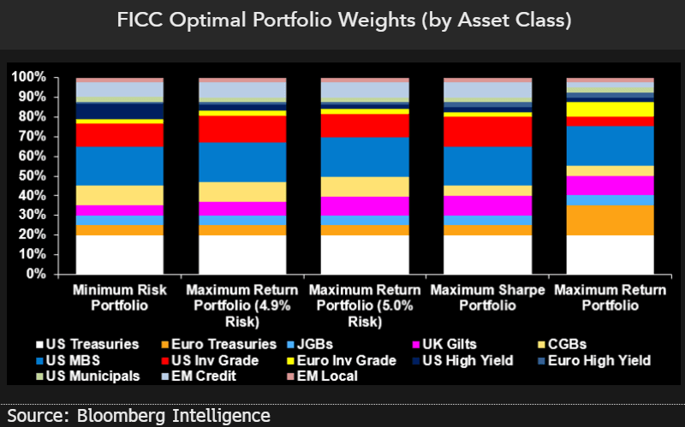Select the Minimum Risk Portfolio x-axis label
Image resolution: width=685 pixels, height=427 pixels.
(120, 298)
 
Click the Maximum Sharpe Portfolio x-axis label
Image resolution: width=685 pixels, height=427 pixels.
(486, 298)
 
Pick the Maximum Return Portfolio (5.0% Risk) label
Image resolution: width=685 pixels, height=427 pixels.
(364, 305)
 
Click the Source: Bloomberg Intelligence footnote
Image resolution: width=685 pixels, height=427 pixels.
(136, 416)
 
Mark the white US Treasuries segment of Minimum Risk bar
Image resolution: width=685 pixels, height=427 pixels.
(120, 254)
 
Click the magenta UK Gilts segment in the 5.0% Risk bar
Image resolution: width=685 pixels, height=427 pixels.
(364, 205)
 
